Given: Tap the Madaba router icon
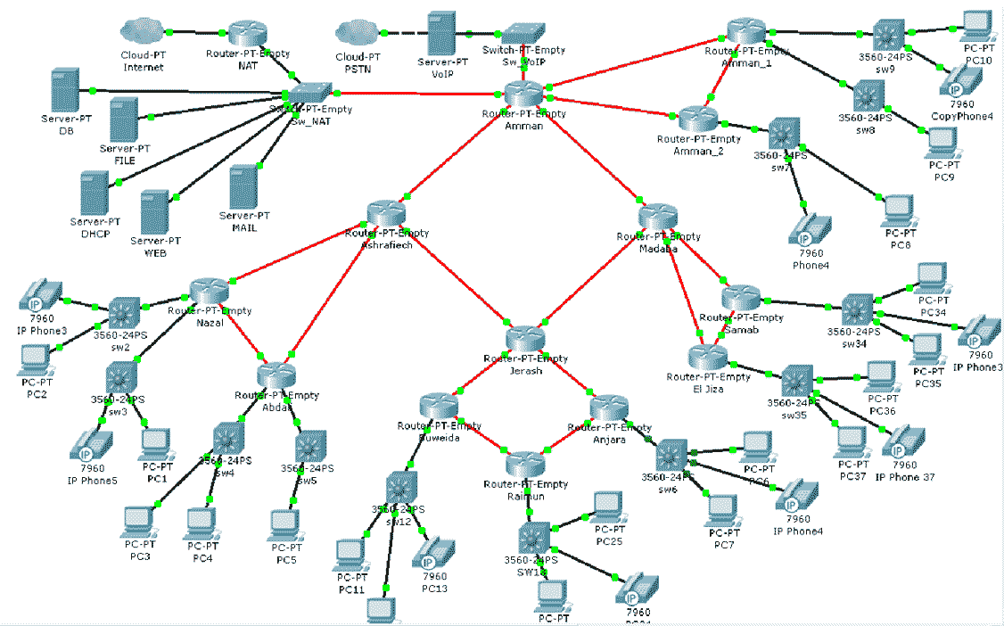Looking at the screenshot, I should pos(659,218).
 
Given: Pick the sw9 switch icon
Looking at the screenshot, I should pos(888,34).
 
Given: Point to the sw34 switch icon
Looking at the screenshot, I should pos(858,309).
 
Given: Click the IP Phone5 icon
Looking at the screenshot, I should pos(93,443).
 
